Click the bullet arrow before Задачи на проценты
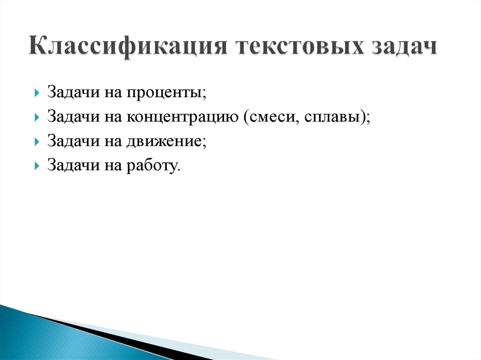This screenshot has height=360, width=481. pyautogui.click(x=37, y=93)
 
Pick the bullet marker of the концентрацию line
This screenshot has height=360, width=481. pyautogui.click(x=37, y=117)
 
